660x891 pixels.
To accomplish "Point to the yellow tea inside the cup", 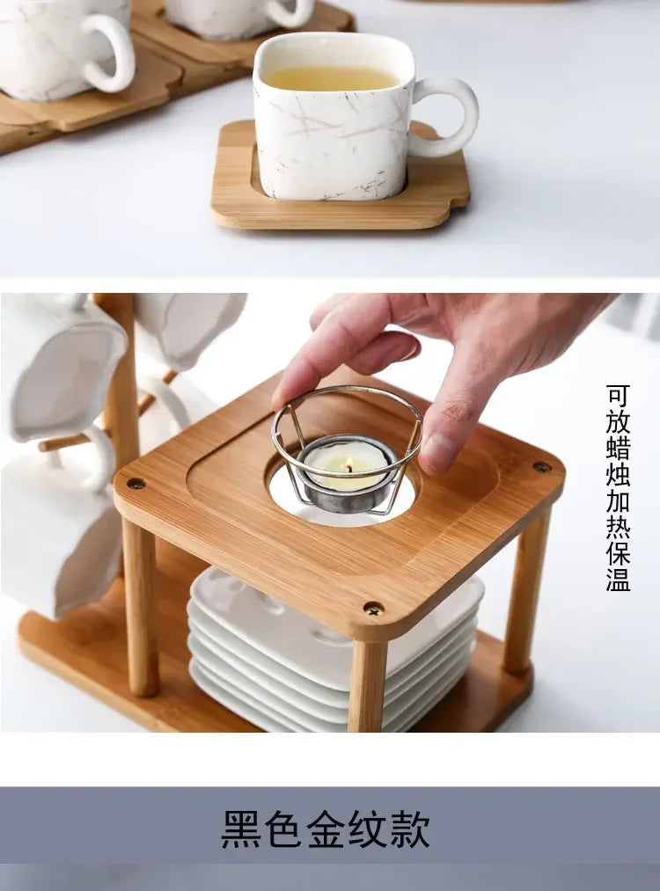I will (x=330, y=78).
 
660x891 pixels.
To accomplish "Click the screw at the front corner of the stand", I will (x=374, y=608).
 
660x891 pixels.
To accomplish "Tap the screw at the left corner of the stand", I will (x=136, y=483).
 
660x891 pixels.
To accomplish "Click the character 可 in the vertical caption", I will (x=618, y=395).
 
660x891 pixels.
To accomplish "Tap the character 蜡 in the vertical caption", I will (x=618, y=448).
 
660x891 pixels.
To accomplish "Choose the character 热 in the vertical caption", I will (x=618, y=527).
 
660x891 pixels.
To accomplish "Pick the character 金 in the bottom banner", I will (x=326, y=829).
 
